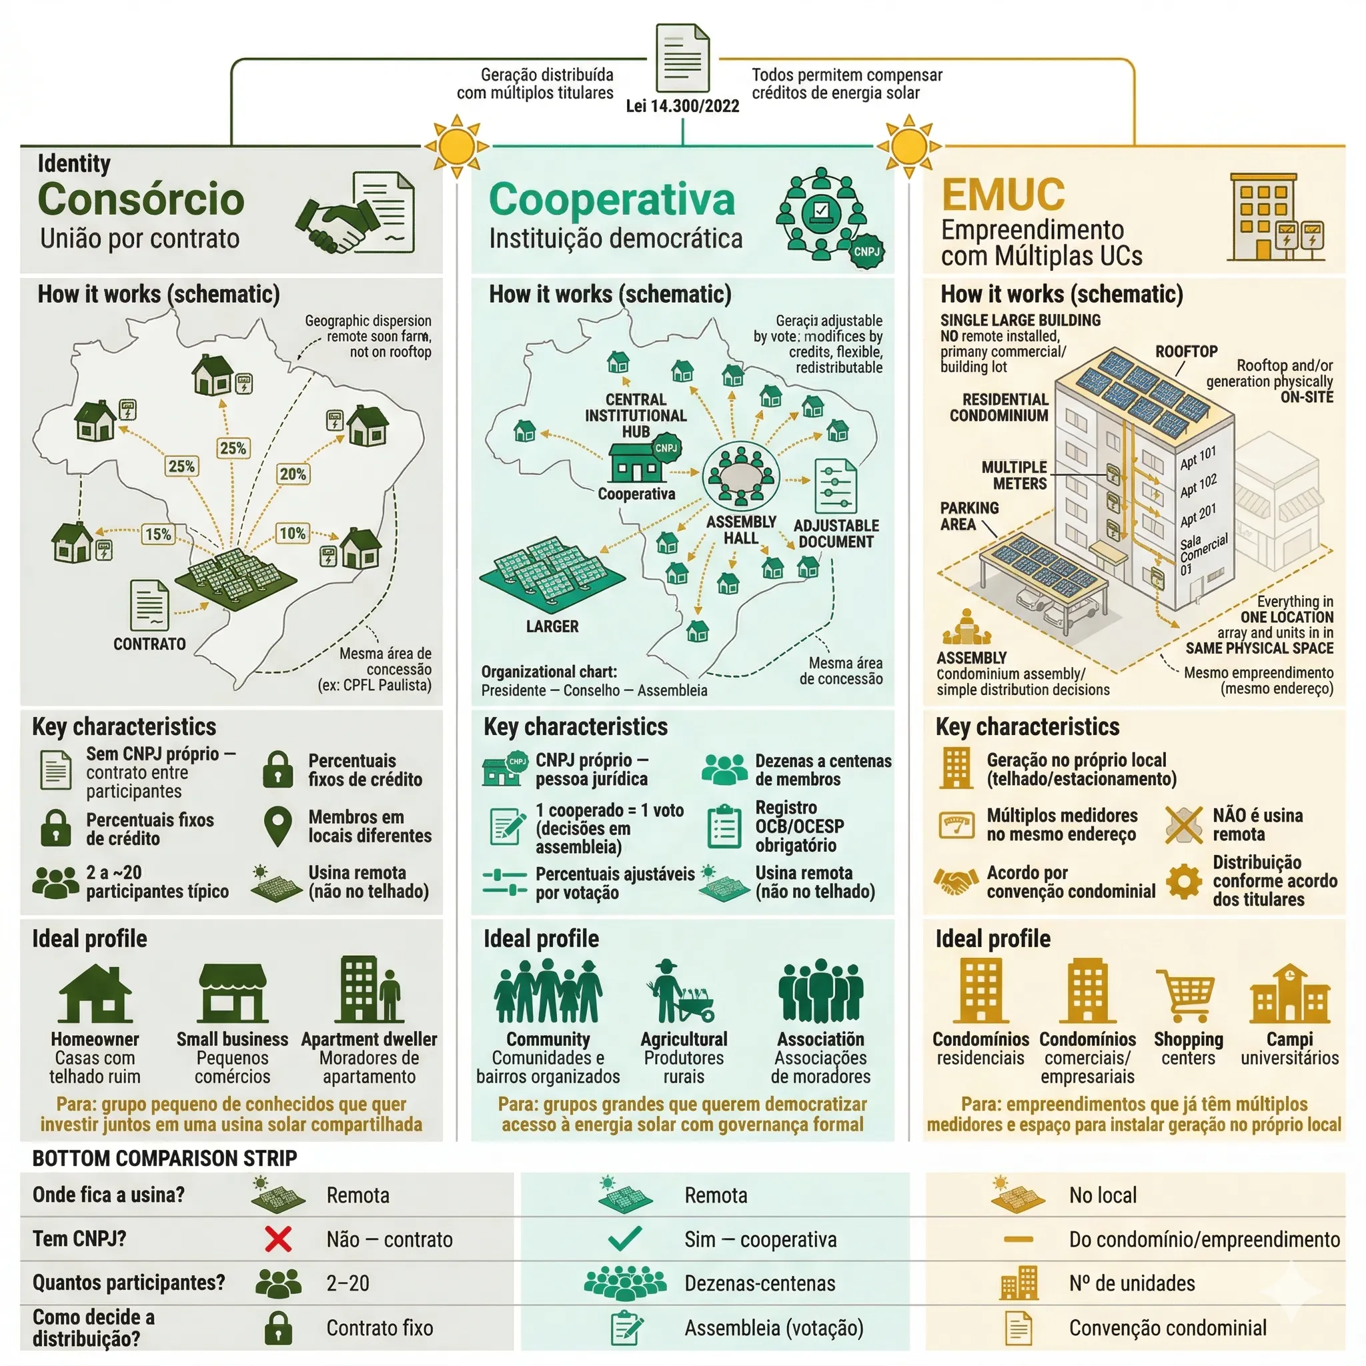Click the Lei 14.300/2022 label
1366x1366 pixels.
(682, 106)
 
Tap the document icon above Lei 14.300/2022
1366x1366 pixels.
(682, 58)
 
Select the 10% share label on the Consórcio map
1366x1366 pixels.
(293, 533)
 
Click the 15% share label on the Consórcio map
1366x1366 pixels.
(157, 534)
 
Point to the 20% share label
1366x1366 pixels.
(293, 474)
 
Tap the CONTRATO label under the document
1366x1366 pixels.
(150, 644)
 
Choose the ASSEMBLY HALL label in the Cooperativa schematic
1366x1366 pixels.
(741, 530)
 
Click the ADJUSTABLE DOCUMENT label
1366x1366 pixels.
(836, 533)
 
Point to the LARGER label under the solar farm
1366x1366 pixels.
(552, 626)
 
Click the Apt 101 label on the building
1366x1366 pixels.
(1198, 458)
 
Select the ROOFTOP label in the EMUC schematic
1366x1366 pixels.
(1187, 352)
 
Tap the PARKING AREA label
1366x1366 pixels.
(968, 516)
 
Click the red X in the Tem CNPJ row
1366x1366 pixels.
(278, 1239)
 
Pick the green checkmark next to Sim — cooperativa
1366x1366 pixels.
(625, 1239)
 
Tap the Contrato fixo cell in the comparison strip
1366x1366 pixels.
(380, 1328)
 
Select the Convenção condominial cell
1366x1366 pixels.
(1167, 1328)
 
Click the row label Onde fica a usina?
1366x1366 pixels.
(108, 1195)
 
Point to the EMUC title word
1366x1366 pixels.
(1003, 195)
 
